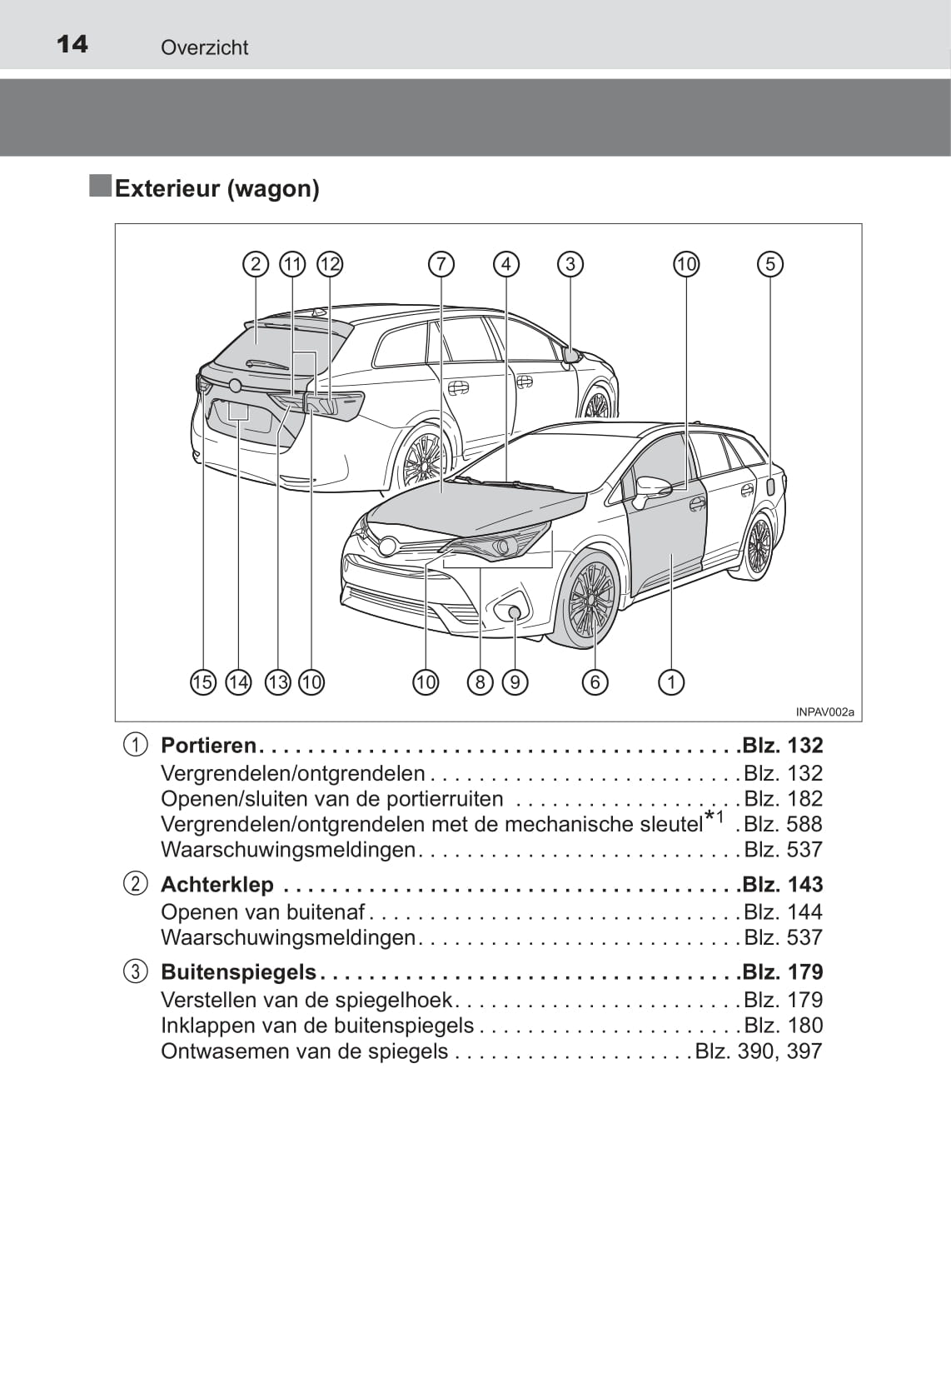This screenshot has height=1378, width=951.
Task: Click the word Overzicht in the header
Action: coord(204,47)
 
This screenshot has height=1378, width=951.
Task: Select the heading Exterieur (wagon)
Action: coord(217,188)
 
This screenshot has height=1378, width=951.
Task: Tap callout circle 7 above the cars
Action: coord(441,265)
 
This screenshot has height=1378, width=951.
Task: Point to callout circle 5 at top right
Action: coord(770,265)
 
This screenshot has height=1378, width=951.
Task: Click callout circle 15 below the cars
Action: coord(202,682)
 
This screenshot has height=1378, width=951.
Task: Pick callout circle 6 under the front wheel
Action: coord(595,682)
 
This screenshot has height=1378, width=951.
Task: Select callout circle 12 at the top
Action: coord(330,265)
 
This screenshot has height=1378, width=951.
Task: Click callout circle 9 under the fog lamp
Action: coord(515,682)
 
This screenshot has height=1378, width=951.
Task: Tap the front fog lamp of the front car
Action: coord(515,613)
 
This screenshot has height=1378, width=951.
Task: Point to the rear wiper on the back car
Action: coord(266,364)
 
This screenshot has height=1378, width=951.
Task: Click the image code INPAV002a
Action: coord(824,712)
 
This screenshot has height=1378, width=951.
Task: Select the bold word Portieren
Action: coord(208,746)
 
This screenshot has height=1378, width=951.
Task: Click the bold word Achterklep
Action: coord(217,885)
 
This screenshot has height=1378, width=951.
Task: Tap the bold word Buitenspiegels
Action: coord(238,972)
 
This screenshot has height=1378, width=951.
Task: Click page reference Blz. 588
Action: coord(783,825)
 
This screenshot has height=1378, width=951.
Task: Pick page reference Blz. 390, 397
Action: coord(759,1051)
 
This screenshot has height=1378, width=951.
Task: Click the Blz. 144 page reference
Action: coord(783,912)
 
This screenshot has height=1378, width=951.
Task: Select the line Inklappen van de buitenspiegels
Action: coord(317,1026)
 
